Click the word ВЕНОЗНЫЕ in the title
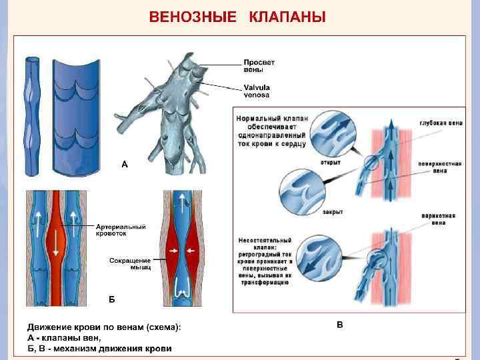192,17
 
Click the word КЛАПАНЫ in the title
287,17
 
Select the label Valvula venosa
257,91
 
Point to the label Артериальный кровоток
121,230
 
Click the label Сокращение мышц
130,263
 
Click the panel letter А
124,163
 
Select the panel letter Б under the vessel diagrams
112,299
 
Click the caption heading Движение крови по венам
103,327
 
